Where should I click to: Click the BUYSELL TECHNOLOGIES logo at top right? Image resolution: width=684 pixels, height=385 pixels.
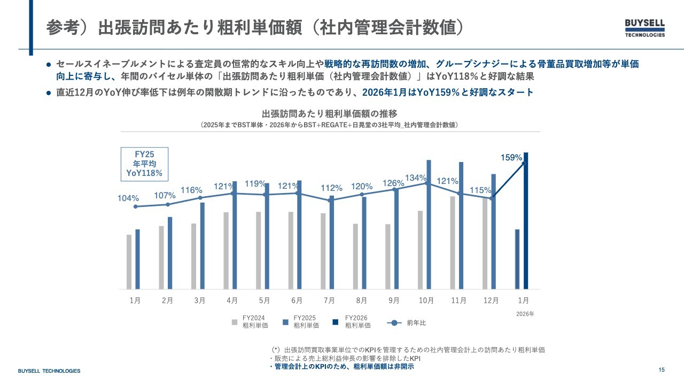pyautogui.click(x=645, y=28)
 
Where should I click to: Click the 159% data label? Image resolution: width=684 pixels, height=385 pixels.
pyautogui.click(x=511, y=158)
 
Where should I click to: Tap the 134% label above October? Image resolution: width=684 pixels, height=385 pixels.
pyautogui.click(x=416, y=178)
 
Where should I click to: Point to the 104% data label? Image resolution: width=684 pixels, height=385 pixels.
pyautogui.click(x=128, y=198)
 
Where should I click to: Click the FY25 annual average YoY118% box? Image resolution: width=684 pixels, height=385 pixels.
pyautogui.click(x=144, y=164)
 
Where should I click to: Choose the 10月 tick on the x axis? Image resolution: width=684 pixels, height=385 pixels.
pyautogui.click(x=426, y=301)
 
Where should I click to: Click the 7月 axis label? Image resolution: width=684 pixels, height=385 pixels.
pyautogui.click(x=329, y=301)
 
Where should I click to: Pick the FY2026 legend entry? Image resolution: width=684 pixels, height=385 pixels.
pyautogui.click(x=353, y=321)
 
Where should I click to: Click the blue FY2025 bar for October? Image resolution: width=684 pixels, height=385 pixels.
pyautogui.click(x=429, y=225)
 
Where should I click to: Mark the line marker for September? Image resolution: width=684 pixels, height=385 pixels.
pyautogui.click(x=395, y=189)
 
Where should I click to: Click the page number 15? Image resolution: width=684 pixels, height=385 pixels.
pyautogui.click(x=662, y=370)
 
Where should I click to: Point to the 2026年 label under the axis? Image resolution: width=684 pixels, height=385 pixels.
pyautogui.click(x=525, y=314)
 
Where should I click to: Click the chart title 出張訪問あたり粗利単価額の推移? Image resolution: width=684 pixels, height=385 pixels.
pyautogui.click(x=330, y=114)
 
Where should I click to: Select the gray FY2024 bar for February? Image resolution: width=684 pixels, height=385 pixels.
pyautogui.click(x=161, y=257)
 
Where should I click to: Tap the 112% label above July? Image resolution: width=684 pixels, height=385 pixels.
pyautogui.click(x=331, y=188)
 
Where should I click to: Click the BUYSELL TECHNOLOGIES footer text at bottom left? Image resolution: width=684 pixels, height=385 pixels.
pyautogui.click(x=49, y=371)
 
